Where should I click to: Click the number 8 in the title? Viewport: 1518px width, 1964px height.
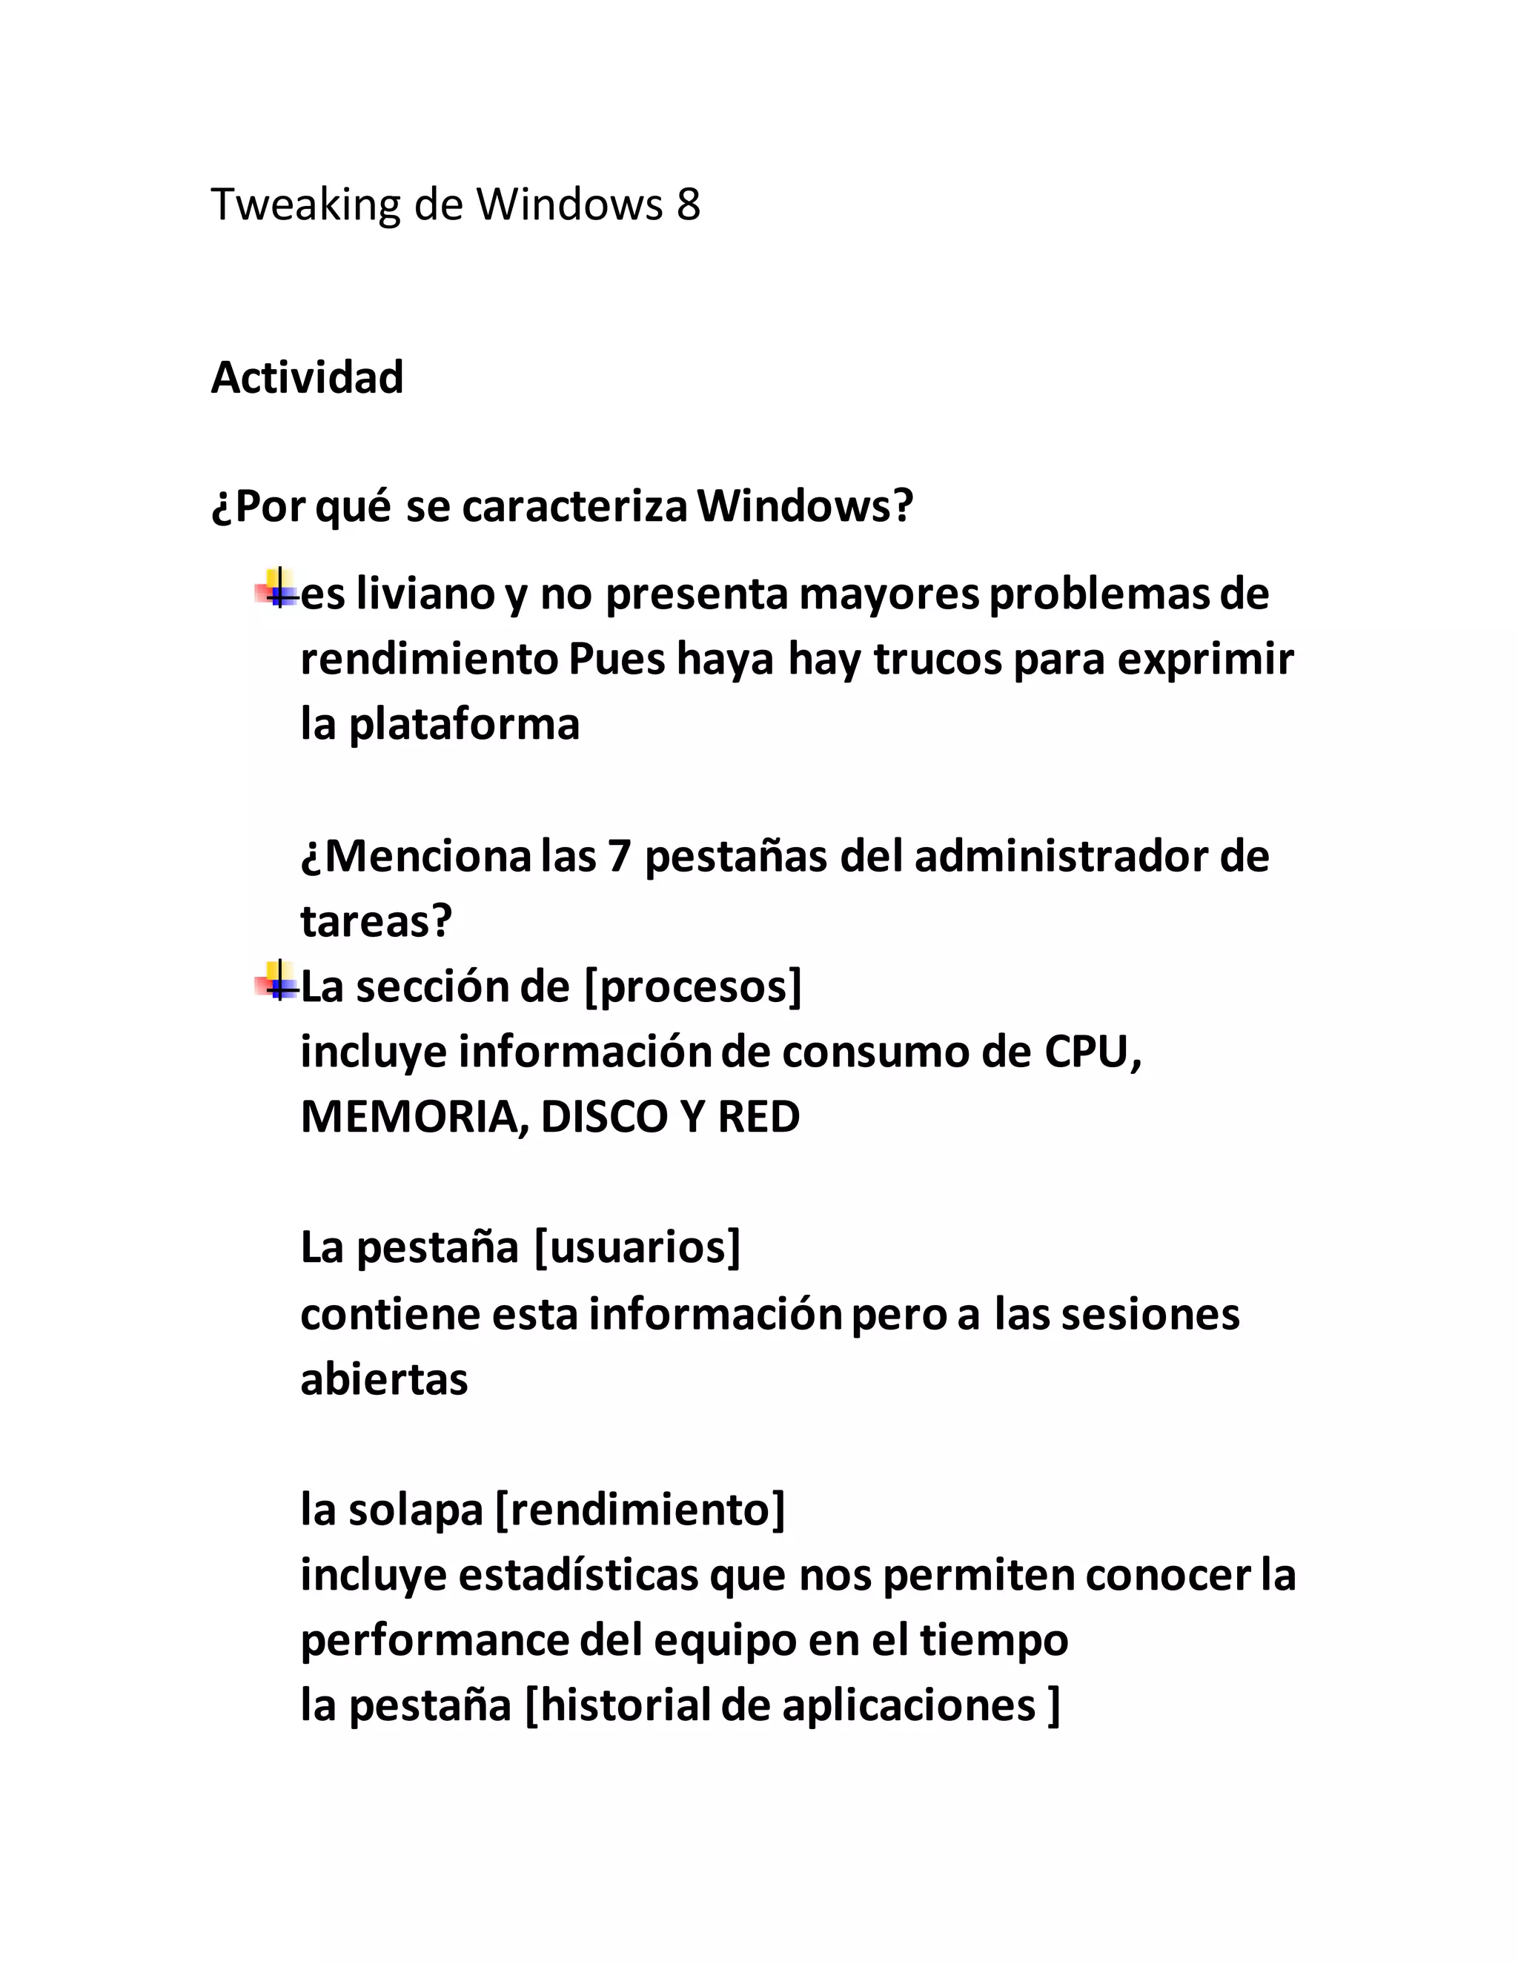(x=688, y=205)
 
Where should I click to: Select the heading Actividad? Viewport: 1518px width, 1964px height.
(x=307, y=378)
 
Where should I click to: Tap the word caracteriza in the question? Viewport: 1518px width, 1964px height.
(x=574, y=506)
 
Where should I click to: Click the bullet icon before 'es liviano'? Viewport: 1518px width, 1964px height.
(x=278, y=589)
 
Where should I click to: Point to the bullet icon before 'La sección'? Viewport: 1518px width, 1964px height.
(x=278, y=982)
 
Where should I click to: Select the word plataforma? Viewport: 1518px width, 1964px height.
(x=464, y=725)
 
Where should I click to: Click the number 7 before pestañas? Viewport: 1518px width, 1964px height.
(x=619, y=856)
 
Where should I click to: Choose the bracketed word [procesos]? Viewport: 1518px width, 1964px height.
(x=692, y=987)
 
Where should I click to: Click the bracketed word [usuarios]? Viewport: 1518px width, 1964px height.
(x=637, y=1248)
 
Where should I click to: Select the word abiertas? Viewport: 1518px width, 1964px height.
(x=384, y=1379)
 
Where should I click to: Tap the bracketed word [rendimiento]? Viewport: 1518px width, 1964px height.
(x=640, y=1510)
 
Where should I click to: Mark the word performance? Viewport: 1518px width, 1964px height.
(x=434, y=1641)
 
